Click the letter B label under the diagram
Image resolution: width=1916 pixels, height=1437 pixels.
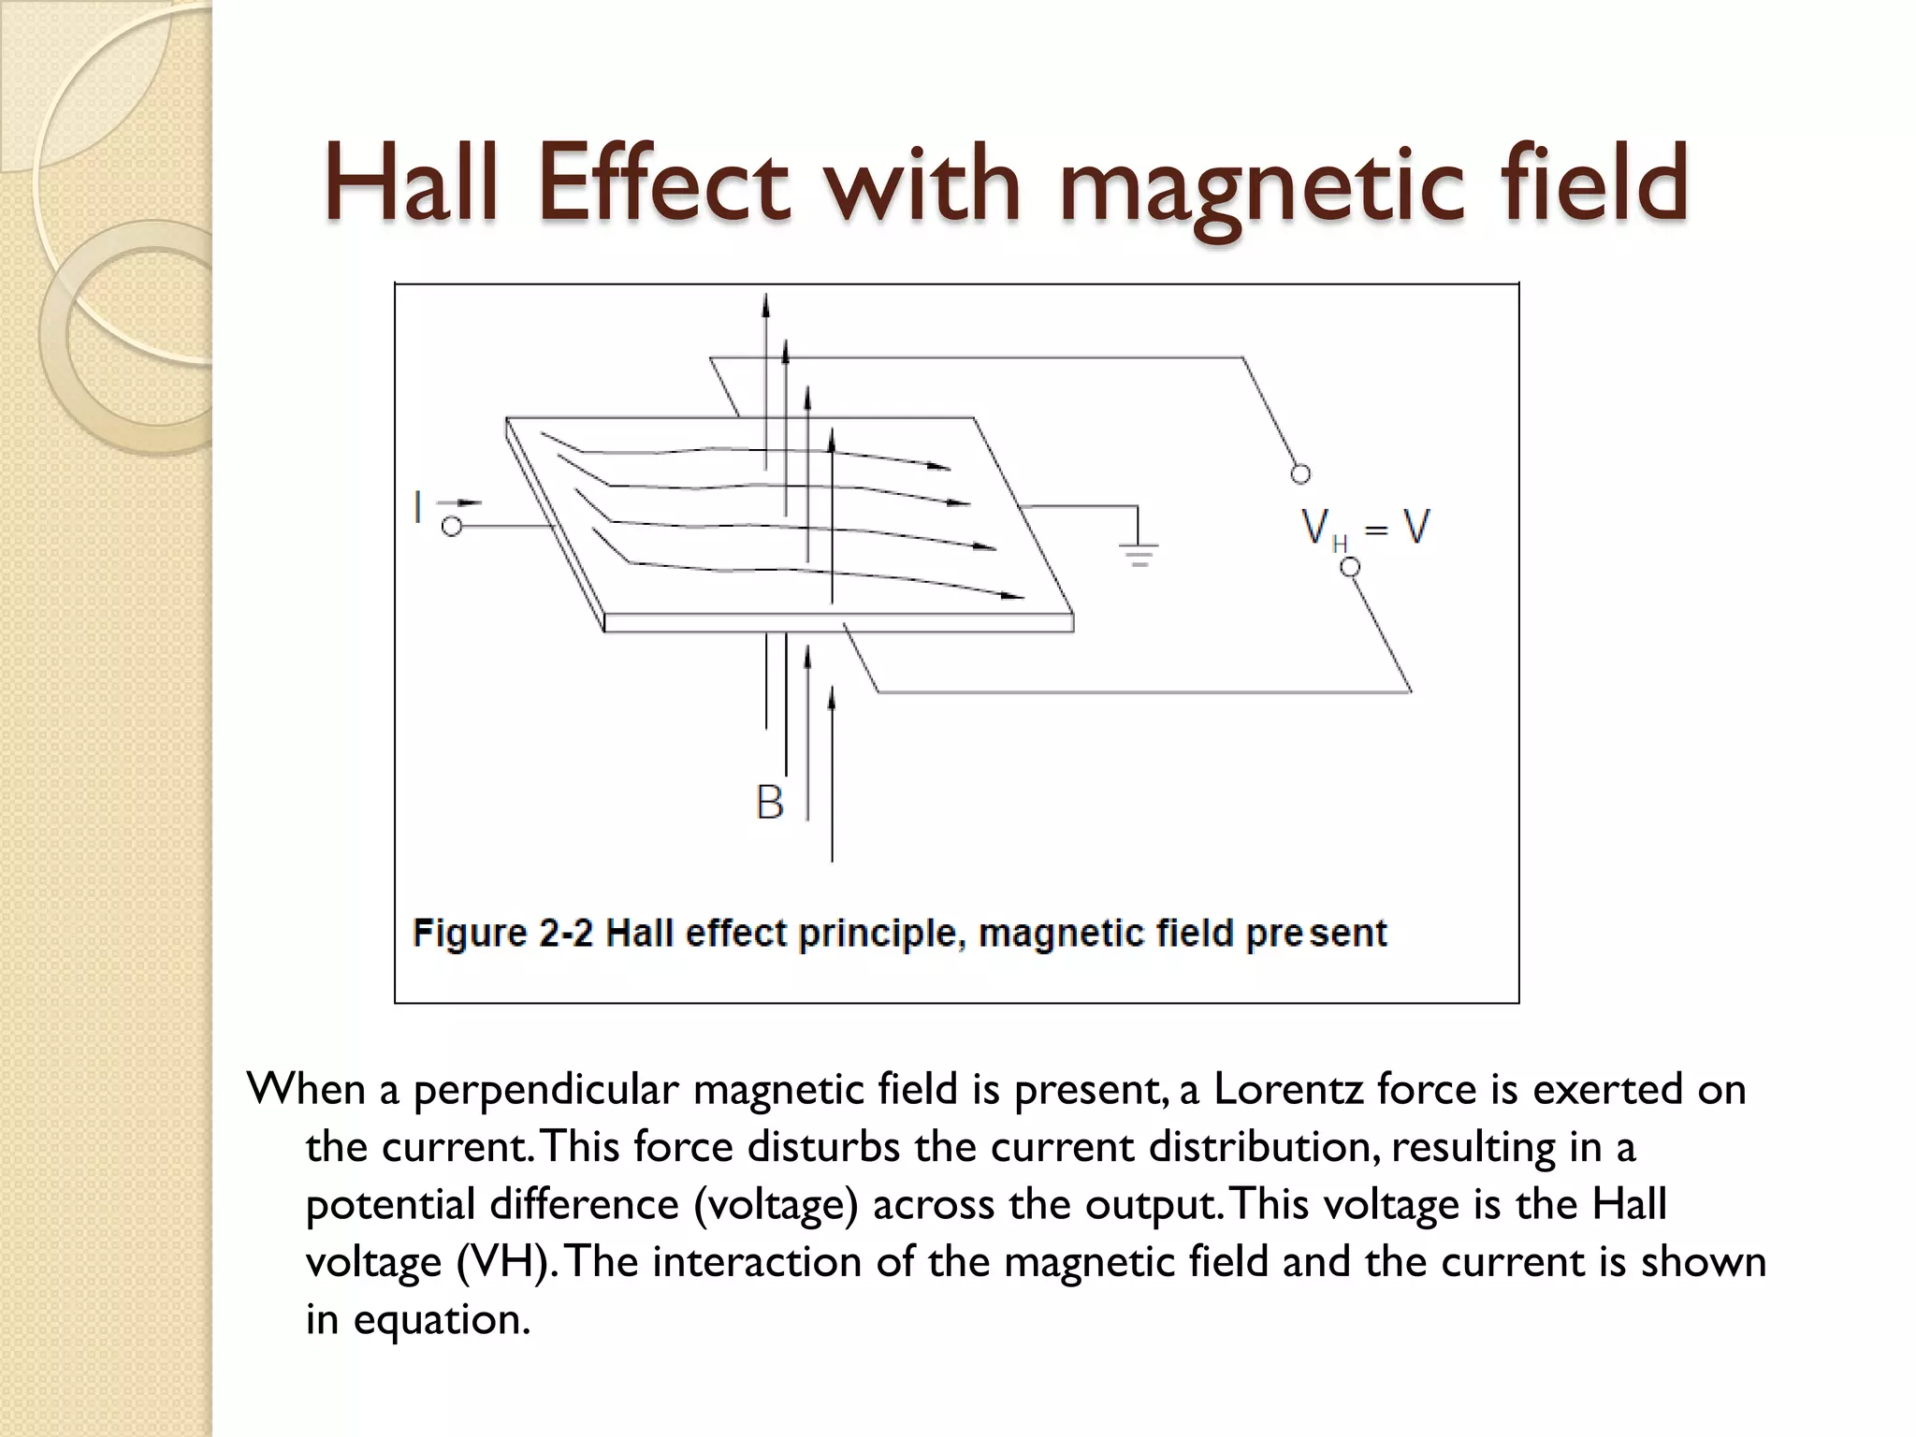[x=769, y=803]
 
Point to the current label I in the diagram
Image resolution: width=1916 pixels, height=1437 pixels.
[x=418, y=509]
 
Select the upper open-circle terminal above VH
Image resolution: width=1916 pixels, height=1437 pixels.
[x=1300, y=474]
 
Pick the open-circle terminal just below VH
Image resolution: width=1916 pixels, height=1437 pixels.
[x=1349, y=567]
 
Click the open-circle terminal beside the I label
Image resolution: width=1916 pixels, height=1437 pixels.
[x=452, y=528]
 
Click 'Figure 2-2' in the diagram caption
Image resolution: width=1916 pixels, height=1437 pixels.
[x=503, y=933]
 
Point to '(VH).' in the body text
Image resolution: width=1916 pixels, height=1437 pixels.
[x=508, y=1263]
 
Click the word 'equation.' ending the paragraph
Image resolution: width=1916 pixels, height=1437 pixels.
[x=442, y=1320]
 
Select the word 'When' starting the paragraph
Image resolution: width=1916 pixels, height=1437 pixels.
[x=305, y=1090]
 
